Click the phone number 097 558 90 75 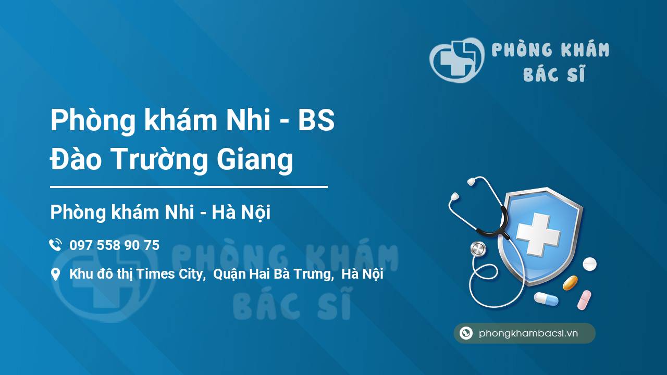coord(114,245)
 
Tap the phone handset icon coord(56,245)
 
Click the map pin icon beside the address coord(55,274)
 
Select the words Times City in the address coord(169,274)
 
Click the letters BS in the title coord(316,120)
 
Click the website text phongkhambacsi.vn coord(528,333)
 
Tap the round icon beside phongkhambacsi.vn coord(466,333)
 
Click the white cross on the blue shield coord(538,234)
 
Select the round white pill coord(589,264)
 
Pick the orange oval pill coord(570,283)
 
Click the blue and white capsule coord(546,299)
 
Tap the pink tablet coord(584,300)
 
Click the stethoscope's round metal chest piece coord(478,249)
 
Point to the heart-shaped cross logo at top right coord(456,60)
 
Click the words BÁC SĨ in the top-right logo coord(554,73)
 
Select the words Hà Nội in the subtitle coord(241,213)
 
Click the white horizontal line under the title coord(189,187)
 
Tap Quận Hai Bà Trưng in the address coord(273,274)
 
